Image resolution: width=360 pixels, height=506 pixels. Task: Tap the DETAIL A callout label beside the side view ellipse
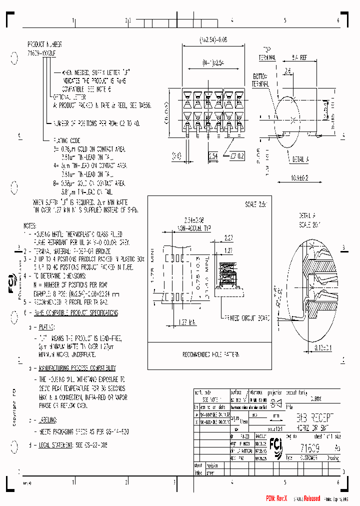point(299,159)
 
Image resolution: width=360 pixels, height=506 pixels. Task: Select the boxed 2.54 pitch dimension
point(213,156)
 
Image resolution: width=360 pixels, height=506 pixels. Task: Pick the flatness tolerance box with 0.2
point(237,156)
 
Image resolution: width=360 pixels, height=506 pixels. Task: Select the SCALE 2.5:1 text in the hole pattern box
point(256,204)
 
